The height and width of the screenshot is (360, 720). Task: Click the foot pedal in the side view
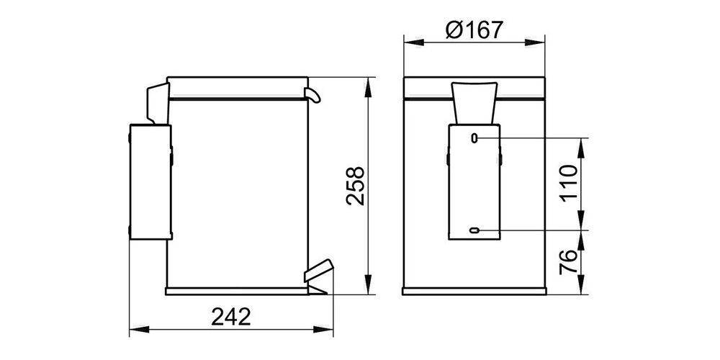(317, 271)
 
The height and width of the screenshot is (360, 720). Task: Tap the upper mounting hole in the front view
(474, 137)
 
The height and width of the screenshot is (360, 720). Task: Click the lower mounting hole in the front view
(474, 230)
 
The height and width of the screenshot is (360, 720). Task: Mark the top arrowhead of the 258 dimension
(369, 84)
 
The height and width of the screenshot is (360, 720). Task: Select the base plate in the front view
(474, 291)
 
